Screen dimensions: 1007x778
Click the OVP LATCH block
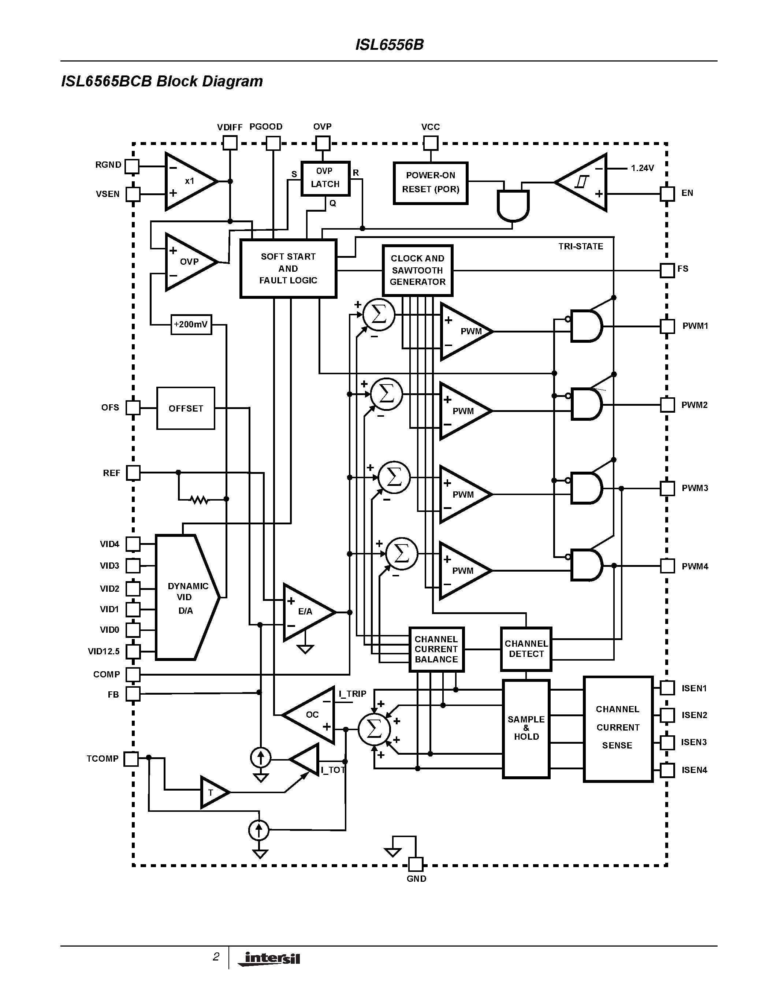click(x=325, y=178)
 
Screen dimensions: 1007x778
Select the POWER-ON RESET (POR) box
click(x=431, y=183)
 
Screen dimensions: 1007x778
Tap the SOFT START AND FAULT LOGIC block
click(x=288, y=268)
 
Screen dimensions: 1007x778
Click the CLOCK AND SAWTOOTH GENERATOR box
click(x=418, y=270)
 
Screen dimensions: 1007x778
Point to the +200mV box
click(x=191, y=324)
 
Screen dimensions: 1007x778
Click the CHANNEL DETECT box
click(x=526, y=649)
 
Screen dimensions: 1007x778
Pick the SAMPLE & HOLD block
click(x=526, y=728)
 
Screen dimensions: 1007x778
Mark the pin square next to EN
click(x=667, y=194)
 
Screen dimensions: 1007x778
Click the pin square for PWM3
click(x=667, y=488)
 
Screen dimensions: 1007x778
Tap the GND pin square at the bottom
click(x=416, y=865)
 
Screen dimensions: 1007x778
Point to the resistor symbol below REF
click(x=199, y=499)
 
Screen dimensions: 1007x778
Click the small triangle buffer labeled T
click(x=213, y=792)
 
